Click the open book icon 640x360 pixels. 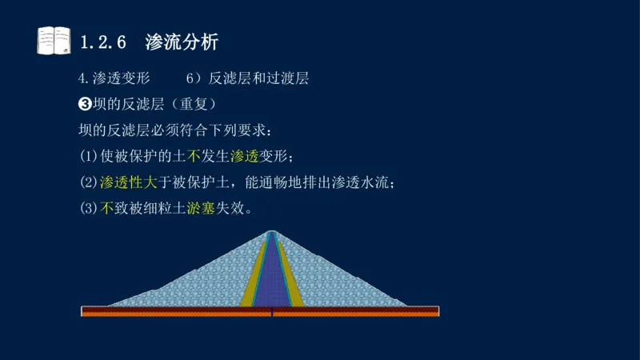click(54, 40)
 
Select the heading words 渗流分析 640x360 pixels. click(182, 41)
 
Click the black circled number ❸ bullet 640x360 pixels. click(85, 104)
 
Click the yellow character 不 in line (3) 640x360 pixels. click(108, 209)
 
